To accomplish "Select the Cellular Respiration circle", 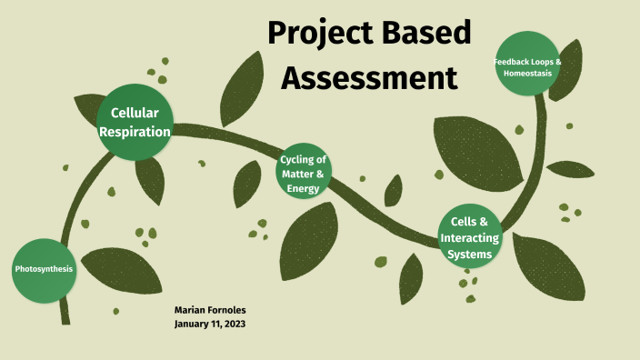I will point(135,122).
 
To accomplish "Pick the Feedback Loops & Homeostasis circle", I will point(527,65).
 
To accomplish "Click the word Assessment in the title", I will point(369,78).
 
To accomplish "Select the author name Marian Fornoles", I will point(210,310).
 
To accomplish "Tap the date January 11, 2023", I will point(210,324).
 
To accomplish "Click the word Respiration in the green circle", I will point(135,131).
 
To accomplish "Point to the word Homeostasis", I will point(528,72).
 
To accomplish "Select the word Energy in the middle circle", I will point(304,189).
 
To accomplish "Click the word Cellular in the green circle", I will point(135,113).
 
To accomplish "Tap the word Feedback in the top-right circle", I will point(511,61).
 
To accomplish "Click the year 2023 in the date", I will point(234,324).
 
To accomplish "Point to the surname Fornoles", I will point(228,310).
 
